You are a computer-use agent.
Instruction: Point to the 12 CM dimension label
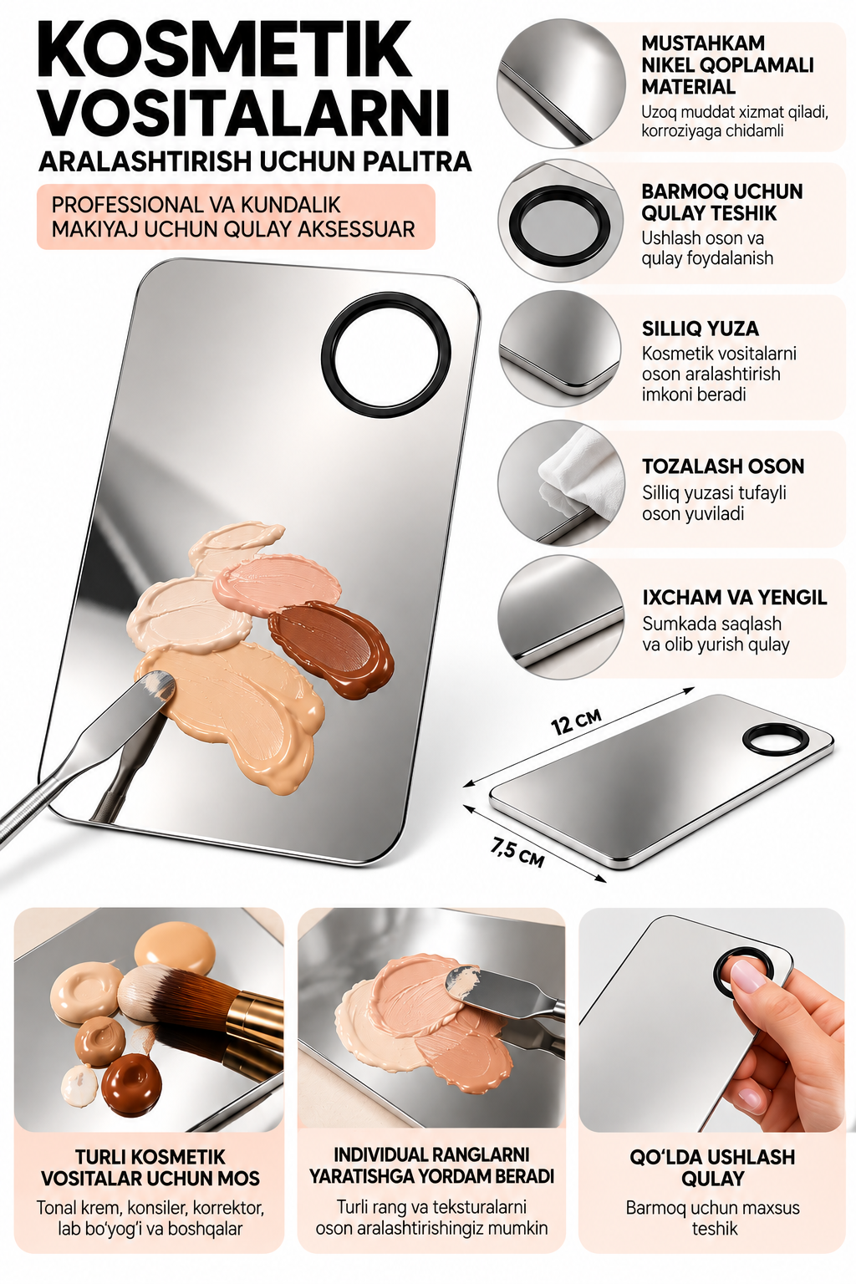click(576, 721)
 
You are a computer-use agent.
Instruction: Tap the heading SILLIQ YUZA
click(700, 329)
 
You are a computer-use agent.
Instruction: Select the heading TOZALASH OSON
click(723, 466)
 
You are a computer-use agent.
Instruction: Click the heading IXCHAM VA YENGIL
click(735, 598)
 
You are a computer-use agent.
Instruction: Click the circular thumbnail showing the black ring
click(560, 221)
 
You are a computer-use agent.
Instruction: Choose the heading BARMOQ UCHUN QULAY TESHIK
click(722, 202)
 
